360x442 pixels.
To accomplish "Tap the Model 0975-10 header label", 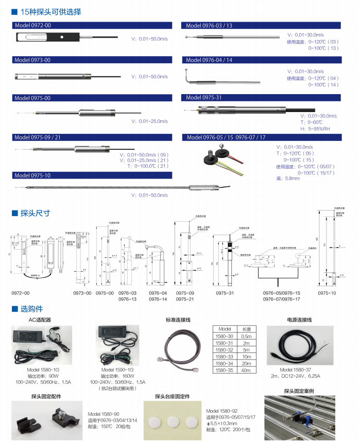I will click(x=32, y=175).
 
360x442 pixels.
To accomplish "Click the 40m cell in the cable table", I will click(x=246, y=369).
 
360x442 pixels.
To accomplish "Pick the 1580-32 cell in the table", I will click(x=225, y=349).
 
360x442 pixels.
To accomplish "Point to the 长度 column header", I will click(x=246, y=329).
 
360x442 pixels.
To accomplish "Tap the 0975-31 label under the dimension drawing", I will click(x=225, y=293).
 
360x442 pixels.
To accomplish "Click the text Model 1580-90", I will click(x=104, y=414).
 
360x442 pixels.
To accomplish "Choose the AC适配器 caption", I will click(x=40, y=320).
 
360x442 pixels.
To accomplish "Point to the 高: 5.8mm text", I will click(x=288, y=179).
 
